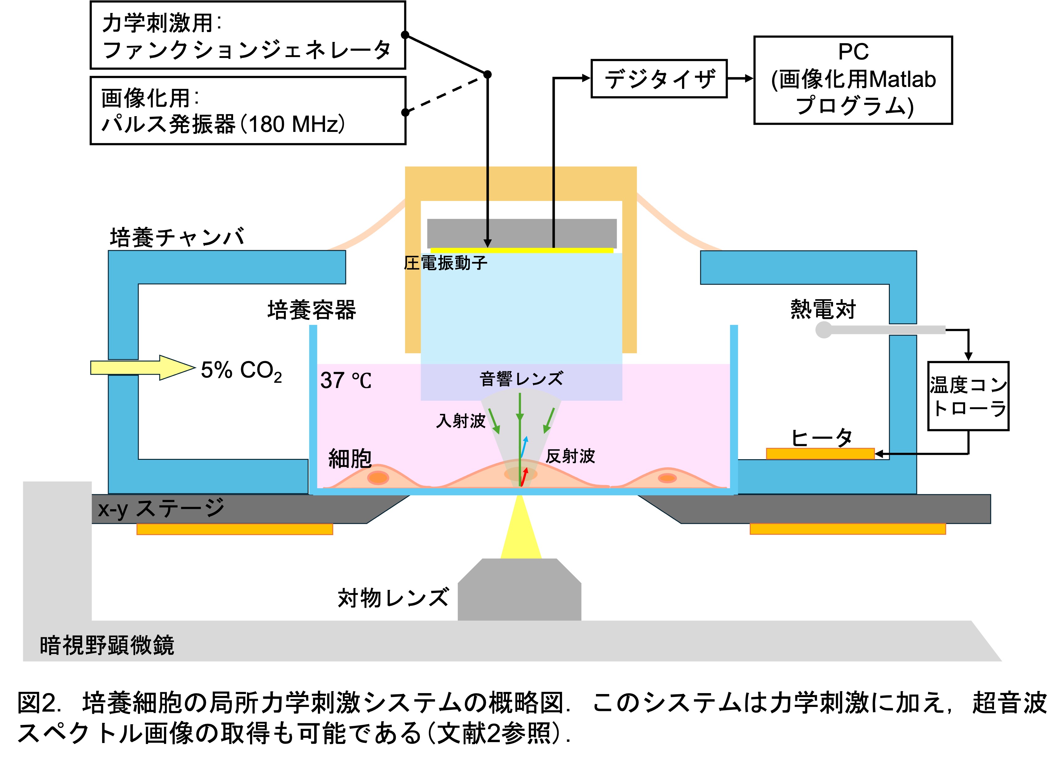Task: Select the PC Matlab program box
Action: point(852,80)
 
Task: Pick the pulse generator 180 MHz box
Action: point(247,111)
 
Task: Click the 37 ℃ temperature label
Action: point(346,380)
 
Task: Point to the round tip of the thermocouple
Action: point(823,330)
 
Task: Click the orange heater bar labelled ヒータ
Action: point(820,454)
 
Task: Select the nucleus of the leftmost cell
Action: point(378,477)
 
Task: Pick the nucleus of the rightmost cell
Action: point(667,478)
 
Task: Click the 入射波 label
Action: point(460,421)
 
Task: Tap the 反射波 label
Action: point(570,456)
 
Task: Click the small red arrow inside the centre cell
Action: point(524,476)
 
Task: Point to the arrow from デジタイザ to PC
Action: point(740,79)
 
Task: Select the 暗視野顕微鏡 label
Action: point(107,645)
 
